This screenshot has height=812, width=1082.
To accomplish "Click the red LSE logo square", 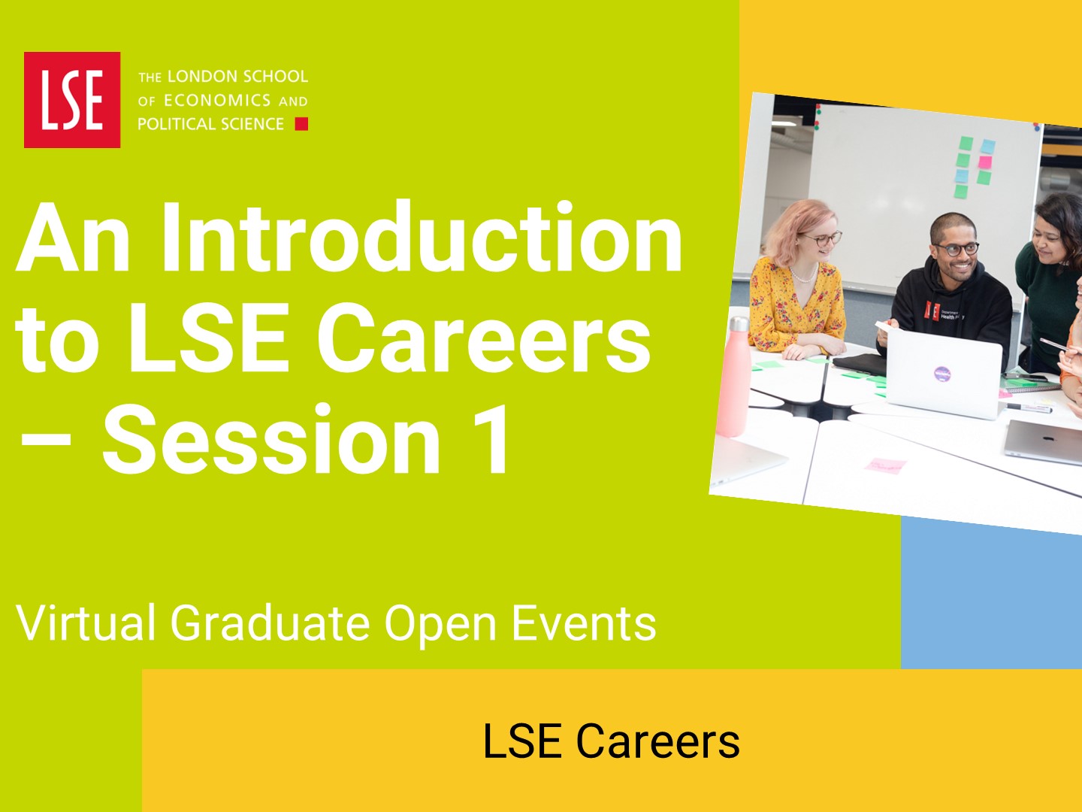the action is pos(72,99).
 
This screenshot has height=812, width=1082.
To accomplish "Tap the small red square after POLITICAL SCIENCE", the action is pos(301,124).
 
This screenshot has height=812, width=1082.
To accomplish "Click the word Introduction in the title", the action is pos(422,237).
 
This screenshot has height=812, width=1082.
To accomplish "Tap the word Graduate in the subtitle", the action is pos(270,623).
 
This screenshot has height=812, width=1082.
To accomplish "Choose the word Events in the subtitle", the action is pos(584,623).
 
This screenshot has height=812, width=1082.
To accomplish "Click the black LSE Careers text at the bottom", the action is pos(611,741).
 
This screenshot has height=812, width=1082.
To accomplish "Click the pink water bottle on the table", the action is pos(734,377).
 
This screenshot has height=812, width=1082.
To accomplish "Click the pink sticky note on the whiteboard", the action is pos(985,162).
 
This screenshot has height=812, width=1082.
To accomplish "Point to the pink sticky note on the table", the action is pos(885,465).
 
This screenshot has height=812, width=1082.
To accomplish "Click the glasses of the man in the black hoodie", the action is pos(957,249).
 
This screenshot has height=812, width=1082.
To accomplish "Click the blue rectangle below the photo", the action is pos(991,595).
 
